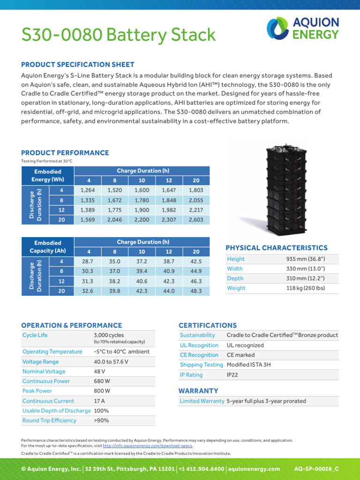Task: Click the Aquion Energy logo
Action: [303, 28]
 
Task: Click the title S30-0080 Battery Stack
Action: [119, 35]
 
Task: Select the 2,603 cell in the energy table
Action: [196, 220]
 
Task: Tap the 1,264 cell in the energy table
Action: [88, 190]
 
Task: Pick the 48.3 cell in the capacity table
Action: [196, 291]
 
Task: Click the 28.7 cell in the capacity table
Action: [88, 261]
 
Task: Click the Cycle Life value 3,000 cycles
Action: [109, 335]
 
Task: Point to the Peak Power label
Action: [37, 390]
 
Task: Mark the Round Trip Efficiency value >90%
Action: [101, 420]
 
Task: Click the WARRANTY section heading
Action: [198, 390]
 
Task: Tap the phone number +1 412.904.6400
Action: [202, 469]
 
